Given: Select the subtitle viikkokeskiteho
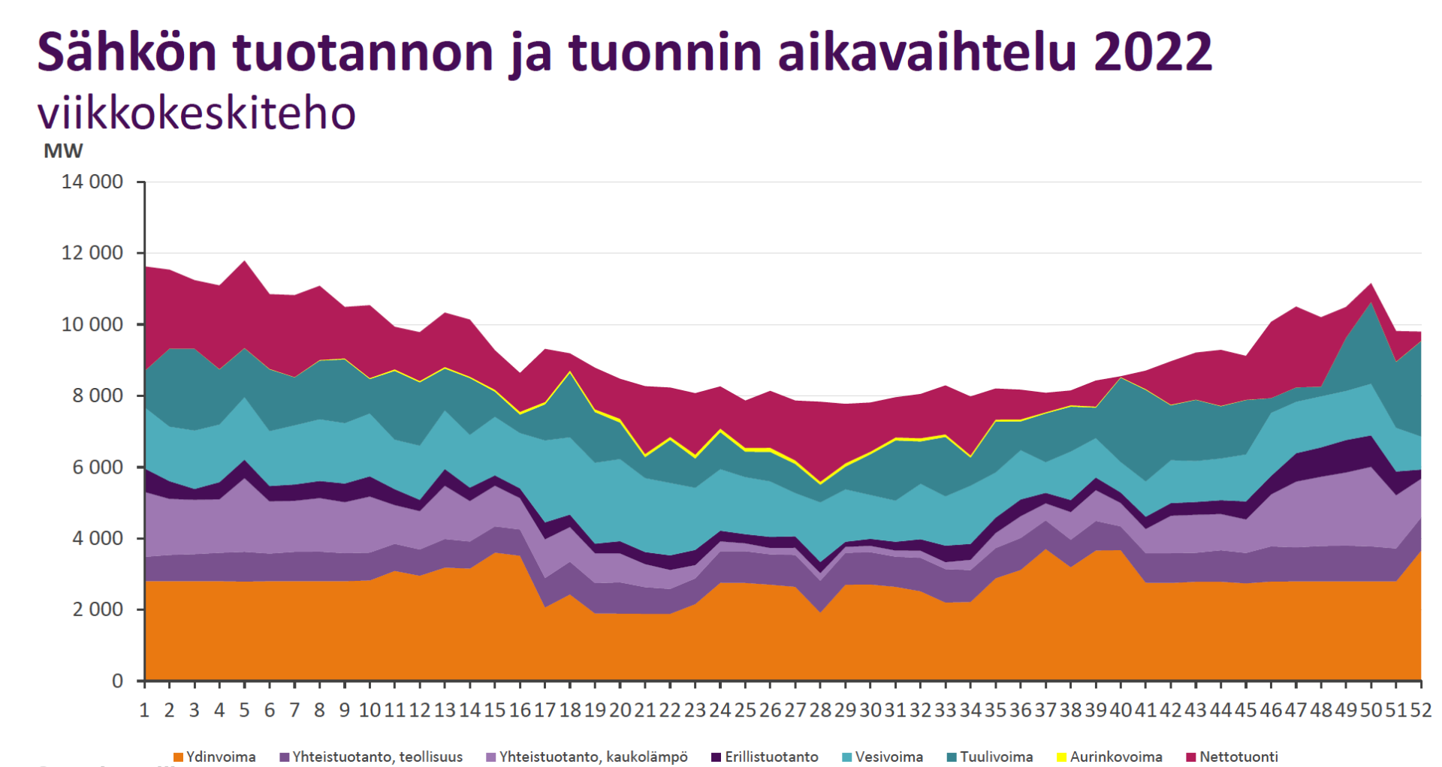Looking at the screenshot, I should coord(197,113).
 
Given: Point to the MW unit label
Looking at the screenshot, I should coord(63,151).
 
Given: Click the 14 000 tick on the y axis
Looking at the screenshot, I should coord(92,182).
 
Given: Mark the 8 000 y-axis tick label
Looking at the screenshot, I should coord(98,396).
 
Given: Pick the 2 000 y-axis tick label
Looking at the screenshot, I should coord(98,610).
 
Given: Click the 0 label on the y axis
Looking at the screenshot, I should coord(117,681).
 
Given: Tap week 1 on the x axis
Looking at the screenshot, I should coord(144,710).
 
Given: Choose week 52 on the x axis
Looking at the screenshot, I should coord(1420,710).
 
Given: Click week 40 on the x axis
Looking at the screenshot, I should coord(1121,710).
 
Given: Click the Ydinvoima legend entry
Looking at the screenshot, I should coord(215,756).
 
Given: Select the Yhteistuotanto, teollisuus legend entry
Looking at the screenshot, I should coord(371,756).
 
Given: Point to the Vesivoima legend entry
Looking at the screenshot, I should coord(883,756).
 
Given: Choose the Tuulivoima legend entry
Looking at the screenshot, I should coord(990,756).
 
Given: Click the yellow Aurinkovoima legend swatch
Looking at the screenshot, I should coord(1062,757).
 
